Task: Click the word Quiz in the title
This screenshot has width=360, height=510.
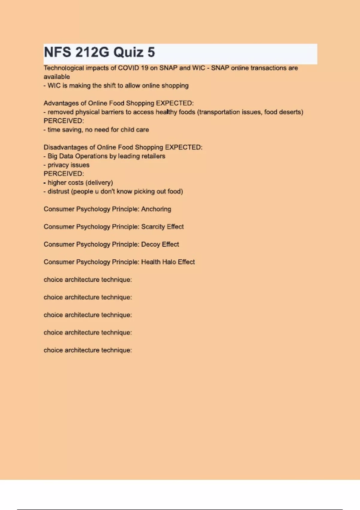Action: click(x=128, y=52)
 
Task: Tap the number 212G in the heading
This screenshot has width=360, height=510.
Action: click(x=92, y=52)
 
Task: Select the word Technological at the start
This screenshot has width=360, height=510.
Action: click(x=64, y=68)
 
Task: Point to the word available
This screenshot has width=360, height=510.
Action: click(x=57, y=77)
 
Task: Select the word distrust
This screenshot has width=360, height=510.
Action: click(x=58, y=191)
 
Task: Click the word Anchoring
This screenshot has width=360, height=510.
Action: click(x=156, y=209)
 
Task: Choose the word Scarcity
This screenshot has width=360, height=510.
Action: click(x=153, y=227)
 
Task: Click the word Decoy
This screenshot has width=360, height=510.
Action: click(x=151, y=244)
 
